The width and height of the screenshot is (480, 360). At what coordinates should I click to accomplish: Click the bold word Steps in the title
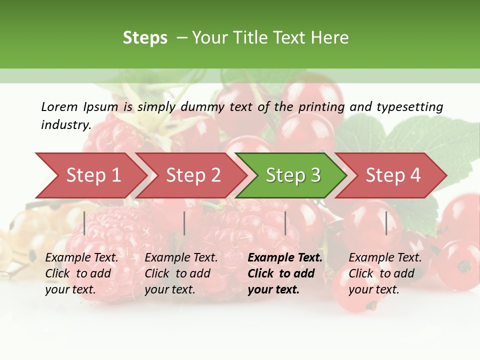click(x=145, y=38)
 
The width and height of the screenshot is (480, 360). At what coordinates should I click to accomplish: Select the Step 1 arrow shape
click(x=93, y=175)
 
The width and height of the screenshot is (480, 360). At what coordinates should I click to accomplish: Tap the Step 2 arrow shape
click(x=193, y=175)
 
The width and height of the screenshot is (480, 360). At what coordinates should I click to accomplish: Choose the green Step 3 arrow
click(x=293, y=175)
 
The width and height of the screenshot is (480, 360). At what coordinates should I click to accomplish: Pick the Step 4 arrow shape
click(x=393, y=175)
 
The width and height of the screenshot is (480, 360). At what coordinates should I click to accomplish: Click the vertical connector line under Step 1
click(x=84, y=223)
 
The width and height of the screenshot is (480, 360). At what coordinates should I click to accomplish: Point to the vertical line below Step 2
click(x=184, y=223)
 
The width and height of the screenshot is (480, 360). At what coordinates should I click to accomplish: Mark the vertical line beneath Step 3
click(x=285, y=223)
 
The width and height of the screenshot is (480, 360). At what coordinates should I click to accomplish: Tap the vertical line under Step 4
click(x=386, y=223)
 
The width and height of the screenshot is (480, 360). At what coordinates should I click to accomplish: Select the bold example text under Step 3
click(x=284, y=273)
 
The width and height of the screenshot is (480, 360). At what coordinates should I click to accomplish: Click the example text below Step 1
click(x=81, y=273)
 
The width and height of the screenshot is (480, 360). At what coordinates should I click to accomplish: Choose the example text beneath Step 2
click(x=181, y=273)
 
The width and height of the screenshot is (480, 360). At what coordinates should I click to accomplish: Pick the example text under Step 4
click(x=385, y=273)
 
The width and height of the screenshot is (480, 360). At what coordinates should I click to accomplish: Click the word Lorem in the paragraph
click(x=59, y=106)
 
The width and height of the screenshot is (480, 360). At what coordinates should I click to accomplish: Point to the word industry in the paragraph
click(x=66, y=124)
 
